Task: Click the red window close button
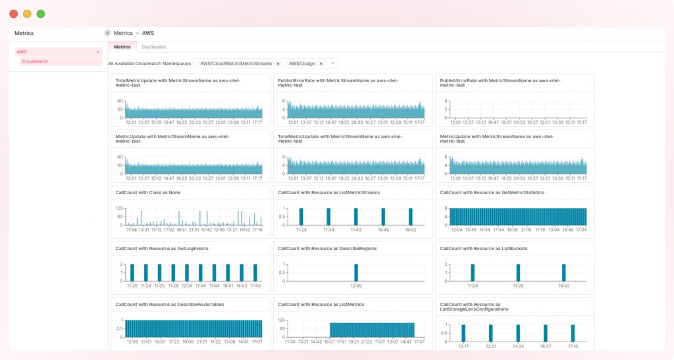[x=14, y=14]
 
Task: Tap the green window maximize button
[x=41, y=14]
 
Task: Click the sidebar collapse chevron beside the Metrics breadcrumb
[x=107, y=33]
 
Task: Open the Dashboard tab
[x=154, y=47]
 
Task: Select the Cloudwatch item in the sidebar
[x=35, y=61]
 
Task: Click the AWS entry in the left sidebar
[x=22, y=51]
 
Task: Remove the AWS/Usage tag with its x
[x=321, y=64]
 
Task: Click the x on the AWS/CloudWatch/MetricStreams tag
[x=278, y=64]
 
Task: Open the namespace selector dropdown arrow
[x=332, y=64]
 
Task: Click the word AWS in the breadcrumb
[x=148, y=33]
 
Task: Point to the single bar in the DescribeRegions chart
[x=356, y=272]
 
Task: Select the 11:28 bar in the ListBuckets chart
[x=518, y=272]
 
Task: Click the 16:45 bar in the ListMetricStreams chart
[x=383, y=217]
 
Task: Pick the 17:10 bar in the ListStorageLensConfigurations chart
[x=573, y=333]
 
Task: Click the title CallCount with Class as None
[x=147, y=192]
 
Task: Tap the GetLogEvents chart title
[x=155, y=248]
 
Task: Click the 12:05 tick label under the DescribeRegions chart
[x=356, y=286]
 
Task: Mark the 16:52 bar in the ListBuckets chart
[x=564, y=272]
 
